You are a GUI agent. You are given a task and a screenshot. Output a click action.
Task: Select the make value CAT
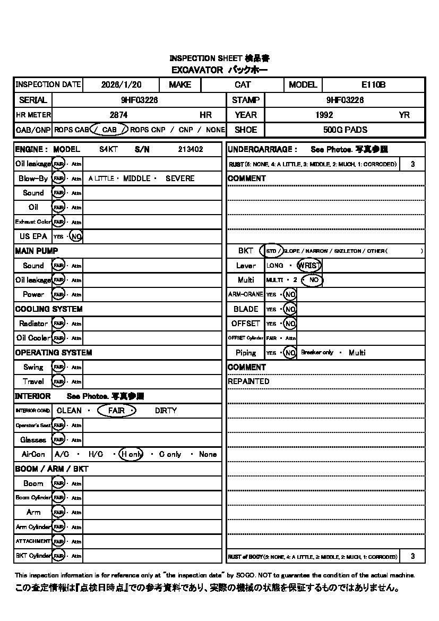click(243, 84)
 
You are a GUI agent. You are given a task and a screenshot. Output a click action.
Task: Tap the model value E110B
click(373, 84)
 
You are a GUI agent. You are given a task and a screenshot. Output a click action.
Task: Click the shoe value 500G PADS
click(345, 130)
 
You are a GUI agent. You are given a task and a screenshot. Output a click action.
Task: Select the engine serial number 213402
click(190, 150)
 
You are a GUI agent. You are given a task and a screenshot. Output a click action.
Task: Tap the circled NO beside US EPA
click(76, 236)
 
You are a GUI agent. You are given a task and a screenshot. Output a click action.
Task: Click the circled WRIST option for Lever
click(309, 266)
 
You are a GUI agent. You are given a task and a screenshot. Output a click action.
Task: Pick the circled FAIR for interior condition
click(117, 411)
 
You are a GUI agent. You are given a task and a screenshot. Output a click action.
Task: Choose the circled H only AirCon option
click(131, 454)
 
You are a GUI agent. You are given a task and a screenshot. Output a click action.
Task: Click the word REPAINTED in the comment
click(248, 381)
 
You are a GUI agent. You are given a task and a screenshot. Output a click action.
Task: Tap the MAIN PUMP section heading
click(37, 251)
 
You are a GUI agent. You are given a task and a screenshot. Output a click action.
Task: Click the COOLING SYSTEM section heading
click(49, 309)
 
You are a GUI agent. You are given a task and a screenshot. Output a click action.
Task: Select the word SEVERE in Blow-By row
click(180, 178)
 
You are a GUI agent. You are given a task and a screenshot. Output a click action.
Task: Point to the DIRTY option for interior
click(166, 411)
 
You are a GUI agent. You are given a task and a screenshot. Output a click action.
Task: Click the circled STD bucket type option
click(271, 251)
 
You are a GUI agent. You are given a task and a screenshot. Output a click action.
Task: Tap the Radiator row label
click(33, 324)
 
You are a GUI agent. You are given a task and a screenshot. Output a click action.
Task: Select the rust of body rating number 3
click(413, 556)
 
